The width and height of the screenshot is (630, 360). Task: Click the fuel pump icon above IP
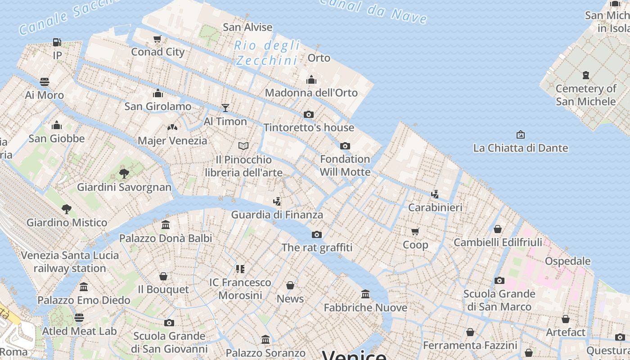[57, 42]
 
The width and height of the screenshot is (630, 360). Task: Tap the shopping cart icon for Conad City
[157, 39]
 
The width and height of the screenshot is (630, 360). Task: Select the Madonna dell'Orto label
[311, 93]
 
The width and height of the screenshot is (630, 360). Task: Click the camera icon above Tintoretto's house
[308, 114]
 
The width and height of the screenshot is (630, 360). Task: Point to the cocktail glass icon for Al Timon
[225, 108]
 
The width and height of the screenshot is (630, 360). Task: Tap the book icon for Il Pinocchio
[243, 146]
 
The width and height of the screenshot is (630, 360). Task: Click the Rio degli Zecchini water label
[267, 53]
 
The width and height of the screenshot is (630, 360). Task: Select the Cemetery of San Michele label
[585, 95]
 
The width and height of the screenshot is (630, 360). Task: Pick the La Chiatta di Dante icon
[521, 135]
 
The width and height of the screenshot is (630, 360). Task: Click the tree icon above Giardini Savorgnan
[124, 174]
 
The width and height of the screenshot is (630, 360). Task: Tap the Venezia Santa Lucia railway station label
[70, 262]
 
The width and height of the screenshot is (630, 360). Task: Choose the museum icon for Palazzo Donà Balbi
[166, 225]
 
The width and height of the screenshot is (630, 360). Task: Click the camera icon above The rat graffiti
[317, 234]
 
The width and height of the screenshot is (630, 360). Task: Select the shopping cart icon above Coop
[415, 231]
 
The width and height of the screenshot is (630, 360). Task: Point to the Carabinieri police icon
[435, 194]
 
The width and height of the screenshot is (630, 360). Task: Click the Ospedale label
[567, 261]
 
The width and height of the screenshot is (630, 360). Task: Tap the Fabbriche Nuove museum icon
[365, 294]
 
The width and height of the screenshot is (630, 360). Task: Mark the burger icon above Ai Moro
[45, 82]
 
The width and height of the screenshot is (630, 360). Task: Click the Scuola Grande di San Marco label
[499, 300]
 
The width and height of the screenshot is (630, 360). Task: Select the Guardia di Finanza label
[277, 215]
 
